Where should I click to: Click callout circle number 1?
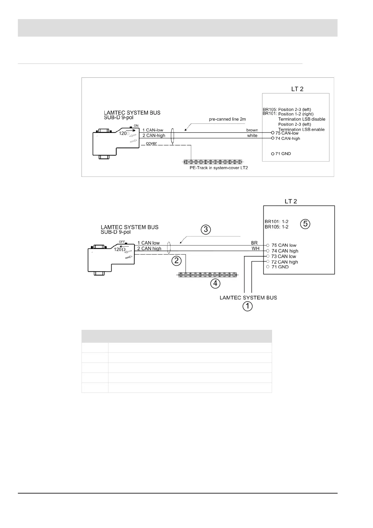click(248, 306)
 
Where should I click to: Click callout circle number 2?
click(177, 260)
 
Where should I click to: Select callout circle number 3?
click(206, 230)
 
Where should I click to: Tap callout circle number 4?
click(215, 283)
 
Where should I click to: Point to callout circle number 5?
click(305, 224)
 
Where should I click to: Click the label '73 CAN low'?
click(284, 256)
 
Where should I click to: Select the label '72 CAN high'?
click(285, 262)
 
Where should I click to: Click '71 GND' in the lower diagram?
click(280, 267)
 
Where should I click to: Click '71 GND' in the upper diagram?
click(283, 154)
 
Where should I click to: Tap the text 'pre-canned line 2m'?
click(227, 119)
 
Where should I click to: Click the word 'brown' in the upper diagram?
click(252, 130)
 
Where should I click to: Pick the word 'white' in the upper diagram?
click(252, 136)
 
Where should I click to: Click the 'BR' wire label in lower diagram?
click(254, 243)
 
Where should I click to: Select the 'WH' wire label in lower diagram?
click(255, 249)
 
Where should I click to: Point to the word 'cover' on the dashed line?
click(151, 143)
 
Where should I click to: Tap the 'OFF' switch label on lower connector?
click(122, 242)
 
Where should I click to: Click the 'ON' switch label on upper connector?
click(136, 126)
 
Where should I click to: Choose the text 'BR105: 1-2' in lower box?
click(276, 227)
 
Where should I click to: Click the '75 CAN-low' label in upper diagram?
click(287, 133)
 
